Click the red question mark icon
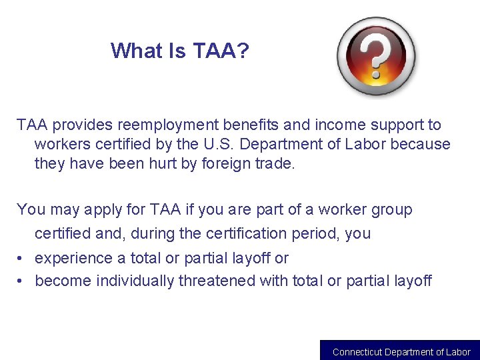(375, 56)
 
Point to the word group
(391, 210)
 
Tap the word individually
(135, 281)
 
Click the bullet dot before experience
(21, 258)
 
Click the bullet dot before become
(21, 281)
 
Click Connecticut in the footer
(357, 352)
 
